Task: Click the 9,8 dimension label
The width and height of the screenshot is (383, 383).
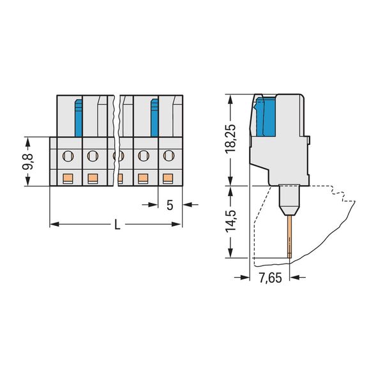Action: [x=28, y=161]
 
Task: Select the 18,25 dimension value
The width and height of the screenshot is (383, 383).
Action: [x=230, y=139]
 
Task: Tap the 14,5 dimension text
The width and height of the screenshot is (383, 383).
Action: [x=230, y=220]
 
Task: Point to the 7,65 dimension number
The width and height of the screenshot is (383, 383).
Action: [x=270, y=278]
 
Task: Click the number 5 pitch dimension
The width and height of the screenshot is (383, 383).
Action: [x=170, y=205]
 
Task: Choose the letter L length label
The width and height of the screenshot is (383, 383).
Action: [x=117, y=224]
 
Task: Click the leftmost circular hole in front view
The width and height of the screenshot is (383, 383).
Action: [x=68, y=156]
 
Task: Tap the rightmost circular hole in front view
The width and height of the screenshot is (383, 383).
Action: [x=169, y=155]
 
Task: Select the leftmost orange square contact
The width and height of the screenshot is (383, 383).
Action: [x=68, y=178]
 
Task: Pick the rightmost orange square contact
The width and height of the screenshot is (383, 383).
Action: [x=167, y=178]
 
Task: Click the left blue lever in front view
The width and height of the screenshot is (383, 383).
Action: [x=78, y=118]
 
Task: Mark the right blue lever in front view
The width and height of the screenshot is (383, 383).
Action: [x=154, y=118]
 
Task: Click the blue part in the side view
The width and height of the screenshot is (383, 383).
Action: [x=266, y=116]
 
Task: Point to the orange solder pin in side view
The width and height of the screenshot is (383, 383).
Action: [x=289, y=236]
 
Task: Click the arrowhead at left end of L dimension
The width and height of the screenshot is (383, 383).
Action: [x=54, y=224]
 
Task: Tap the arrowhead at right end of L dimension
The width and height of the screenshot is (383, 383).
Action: [x=177, y=224]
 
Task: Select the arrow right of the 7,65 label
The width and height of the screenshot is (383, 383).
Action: [x=297, y=277]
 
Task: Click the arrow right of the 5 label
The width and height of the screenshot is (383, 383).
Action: [x=191, y=204]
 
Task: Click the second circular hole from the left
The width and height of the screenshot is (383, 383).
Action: [x=93, y=156]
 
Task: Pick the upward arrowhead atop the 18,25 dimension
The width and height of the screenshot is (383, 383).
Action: [x=230, y=100]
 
